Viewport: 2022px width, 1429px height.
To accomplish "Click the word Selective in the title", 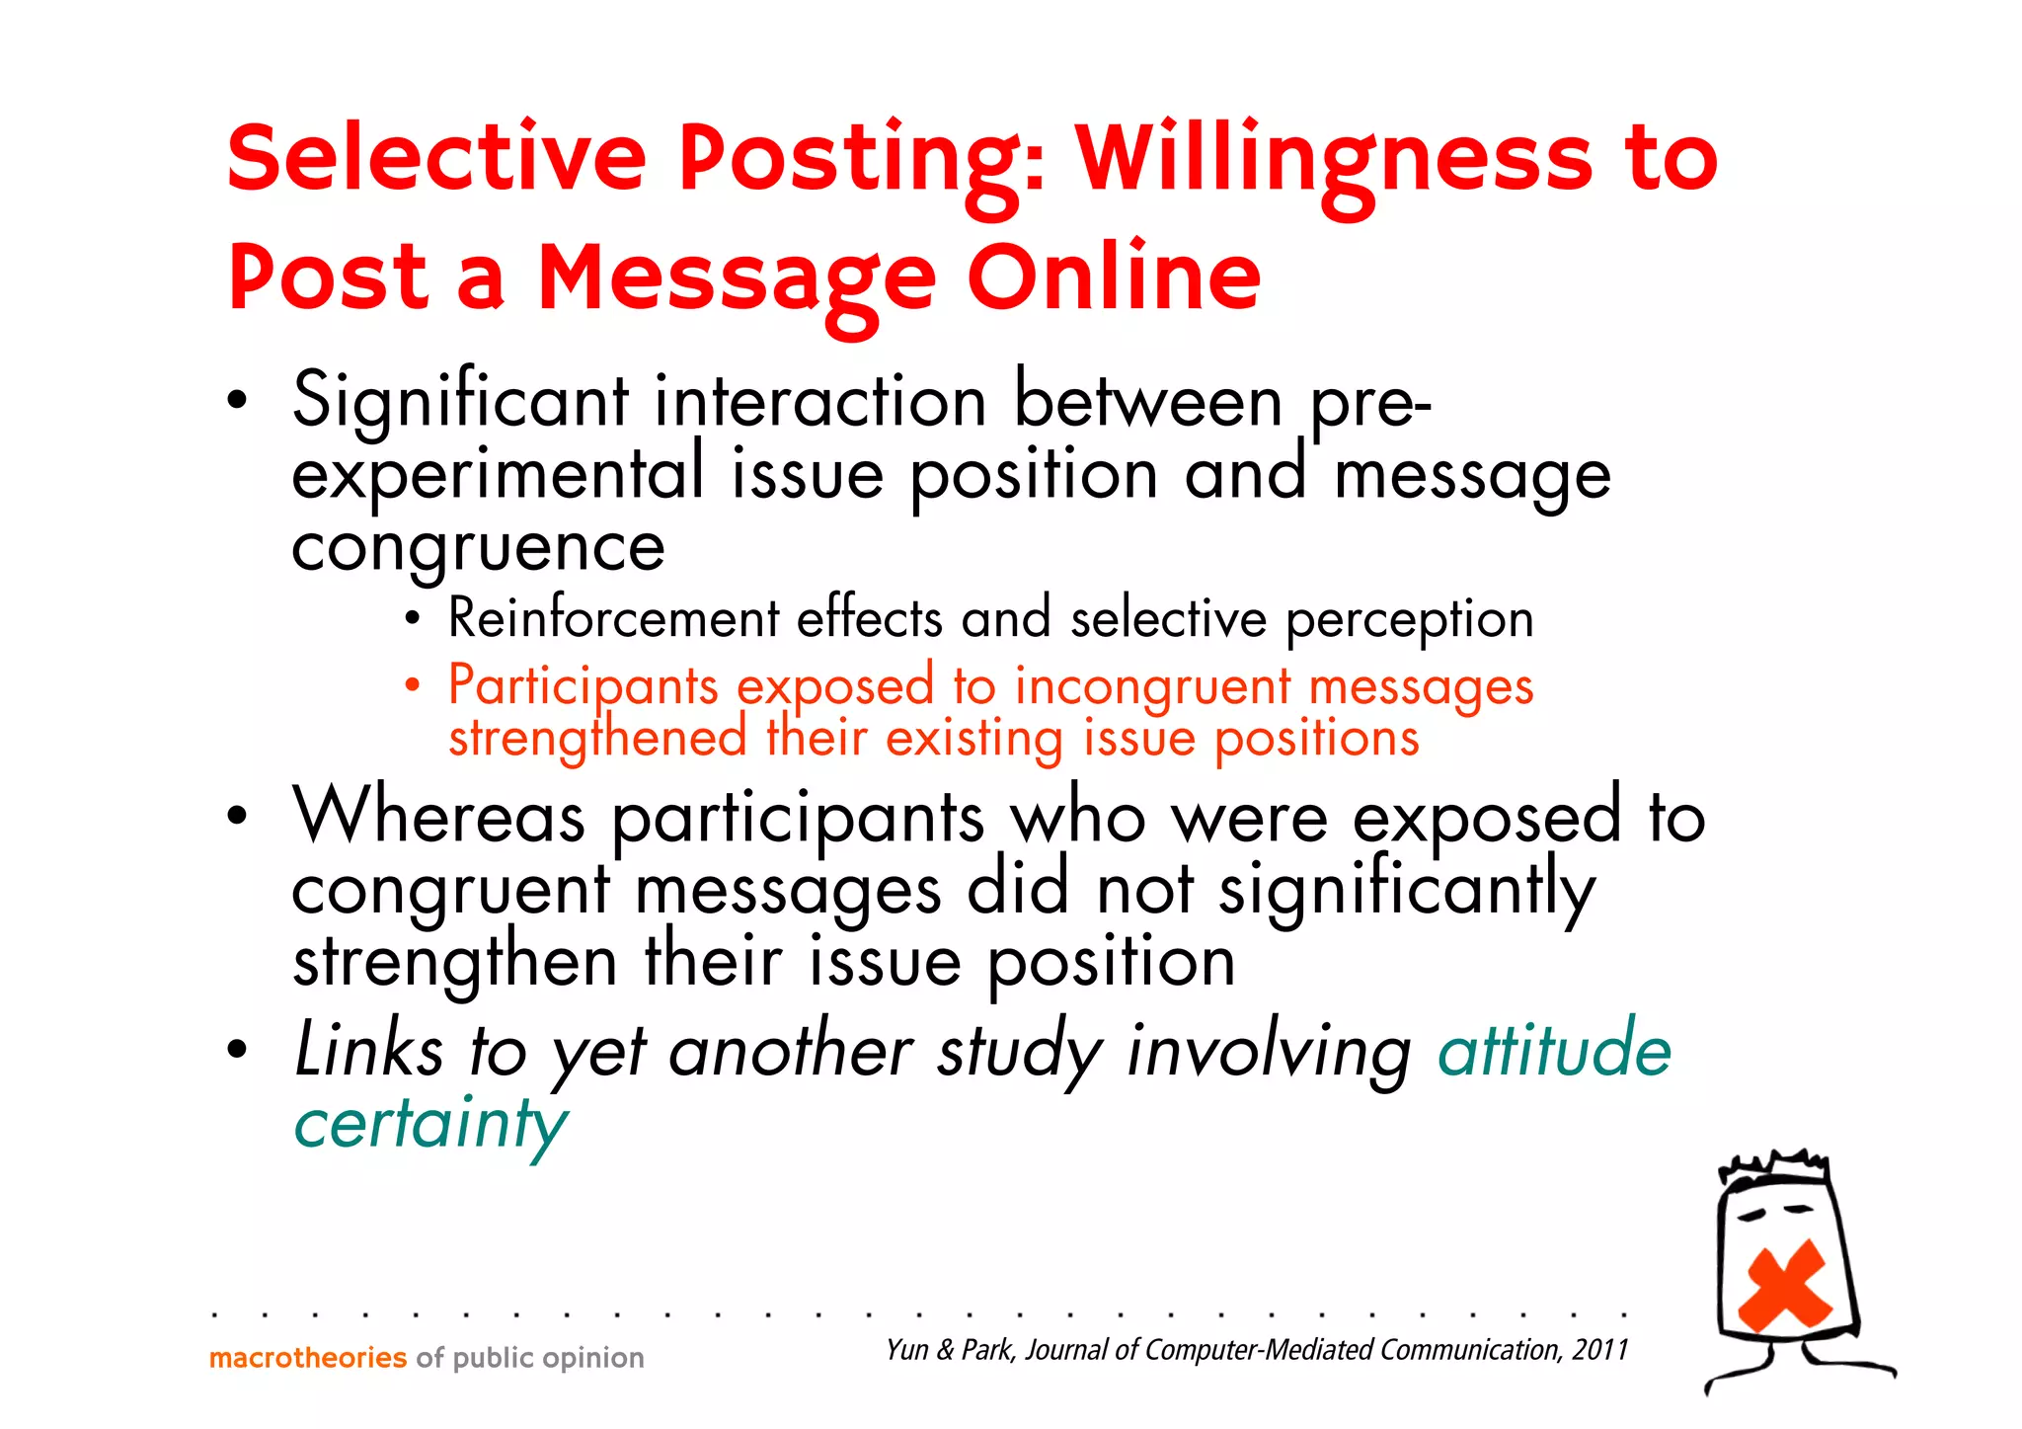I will tap(435, 158).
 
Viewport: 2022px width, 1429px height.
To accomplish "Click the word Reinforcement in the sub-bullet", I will tap(613, 619).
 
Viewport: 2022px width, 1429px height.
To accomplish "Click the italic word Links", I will tap(369, 1050).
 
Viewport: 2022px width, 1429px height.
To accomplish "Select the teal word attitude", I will tap(1554, 1050).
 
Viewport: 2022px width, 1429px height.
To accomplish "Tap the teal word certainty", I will tap(430, 1124).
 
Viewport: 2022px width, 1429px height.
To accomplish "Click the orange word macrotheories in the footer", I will tap(308, 1358).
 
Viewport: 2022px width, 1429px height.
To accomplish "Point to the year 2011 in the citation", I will tap(1600, 1349).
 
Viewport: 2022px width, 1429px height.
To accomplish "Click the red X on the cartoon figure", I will tap(1785, 1285).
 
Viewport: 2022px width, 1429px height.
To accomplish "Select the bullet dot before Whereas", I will tap(236, 817).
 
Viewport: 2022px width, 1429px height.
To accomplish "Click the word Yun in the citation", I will tap(906, 1350).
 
